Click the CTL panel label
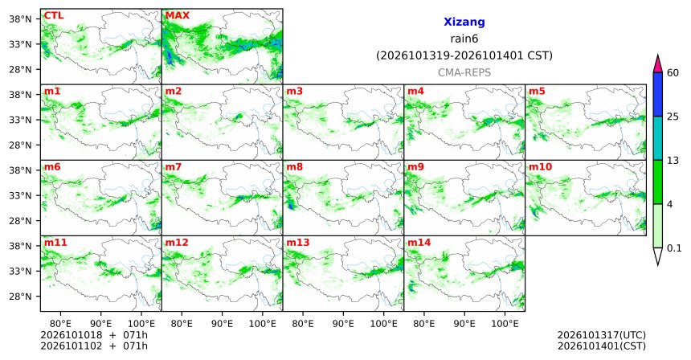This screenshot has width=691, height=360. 53,16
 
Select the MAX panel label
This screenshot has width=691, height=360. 177,16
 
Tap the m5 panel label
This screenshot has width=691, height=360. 537,92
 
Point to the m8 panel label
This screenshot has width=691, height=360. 294,167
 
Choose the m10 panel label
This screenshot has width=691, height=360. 540,167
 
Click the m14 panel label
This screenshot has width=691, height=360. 419,243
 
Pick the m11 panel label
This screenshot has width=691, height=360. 55,243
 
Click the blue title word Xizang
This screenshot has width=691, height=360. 464,22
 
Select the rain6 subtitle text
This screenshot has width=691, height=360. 464,39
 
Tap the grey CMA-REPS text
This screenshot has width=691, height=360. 464,72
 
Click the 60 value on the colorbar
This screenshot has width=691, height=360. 673,73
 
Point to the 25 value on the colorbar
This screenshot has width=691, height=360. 673,117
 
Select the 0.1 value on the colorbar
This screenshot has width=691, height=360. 674,248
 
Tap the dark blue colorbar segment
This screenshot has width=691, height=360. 657,94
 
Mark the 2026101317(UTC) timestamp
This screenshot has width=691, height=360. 602,336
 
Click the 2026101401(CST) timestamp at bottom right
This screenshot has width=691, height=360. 602,346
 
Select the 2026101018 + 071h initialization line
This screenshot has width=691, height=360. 94,336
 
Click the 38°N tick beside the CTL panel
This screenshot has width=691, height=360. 20,19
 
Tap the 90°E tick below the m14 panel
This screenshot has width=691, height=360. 464,325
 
